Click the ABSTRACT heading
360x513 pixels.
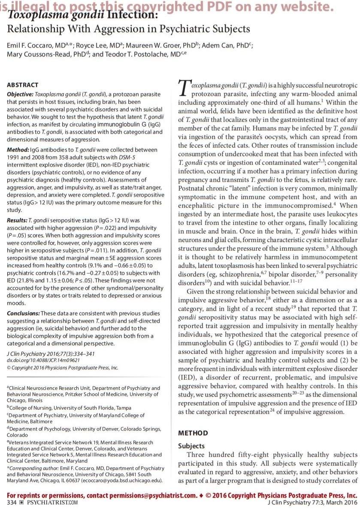[23, 85]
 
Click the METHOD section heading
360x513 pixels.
[193, 433]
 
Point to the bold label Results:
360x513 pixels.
[17, 220]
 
